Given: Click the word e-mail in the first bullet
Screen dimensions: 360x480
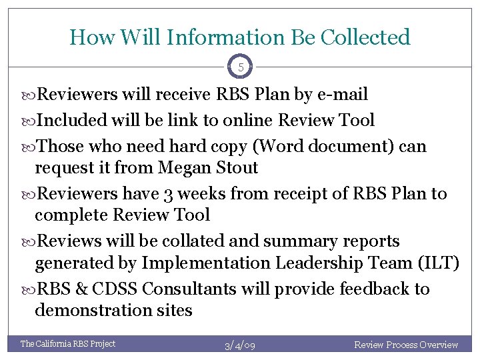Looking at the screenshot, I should pos(341,95).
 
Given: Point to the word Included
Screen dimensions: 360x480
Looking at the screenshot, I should pos(72,121).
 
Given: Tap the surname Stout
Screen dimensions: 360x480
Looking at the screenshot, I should pos(235,168).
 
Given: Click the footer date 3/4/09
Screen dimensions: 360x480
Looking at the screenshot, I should pos(240,345).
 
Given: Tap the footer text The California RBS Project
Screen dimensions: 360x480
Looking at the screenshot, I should pos(68,344).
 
